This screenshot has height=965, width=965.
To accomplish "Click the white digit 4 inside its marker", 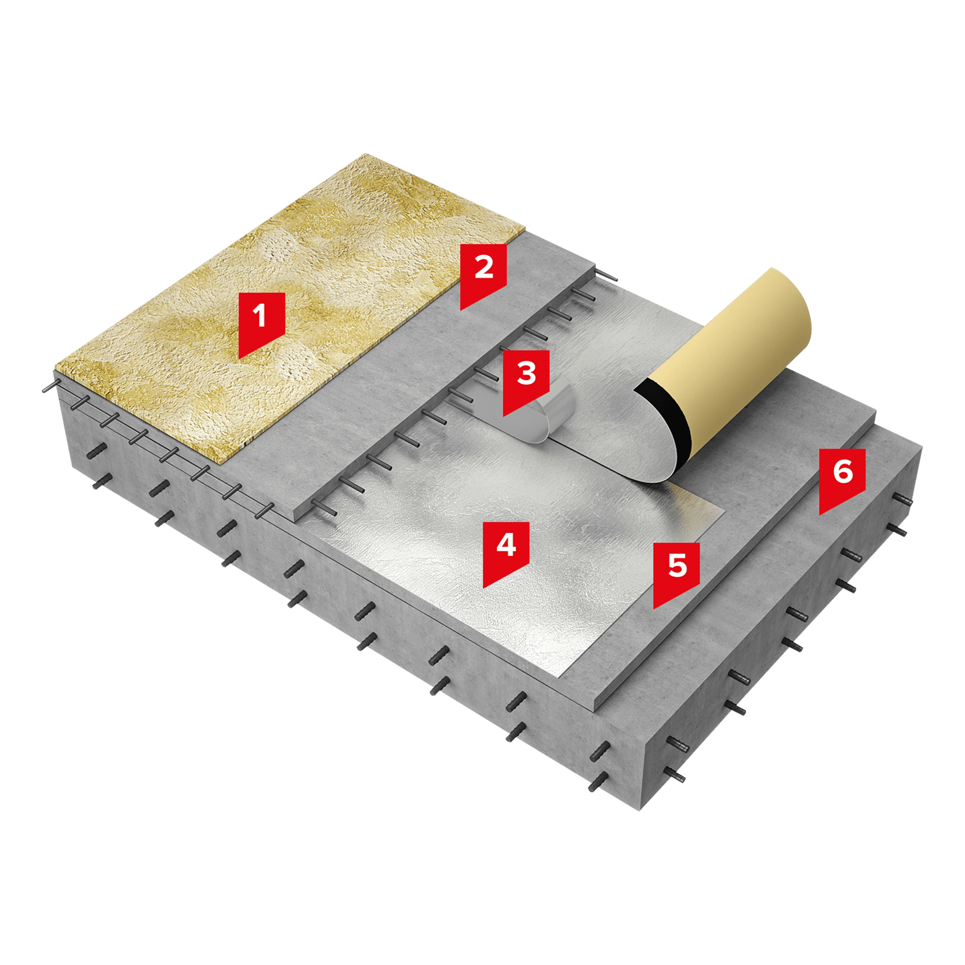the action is (x=506, y=545).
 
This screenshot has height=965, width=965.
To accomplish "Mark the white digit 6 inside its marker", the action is (x=842, y=471).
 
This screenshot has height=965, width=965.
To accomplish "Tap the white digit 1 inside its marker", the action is (x=259, y=316).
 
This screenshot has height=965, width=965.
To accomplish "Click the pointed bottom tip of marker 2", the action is (x=461, y=310).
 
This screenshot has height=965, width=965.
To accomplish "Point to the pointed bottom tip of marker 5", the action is (x=654, y=608).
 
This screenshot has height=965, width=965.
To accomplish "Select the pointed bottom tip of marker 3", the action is (x=503, y=416).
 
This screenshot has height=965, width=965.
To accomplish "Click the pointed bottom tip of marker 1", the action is (x=239, y=358).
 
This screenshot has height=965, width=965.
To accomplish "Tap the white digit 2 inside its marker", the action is (x=483, y=267).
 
